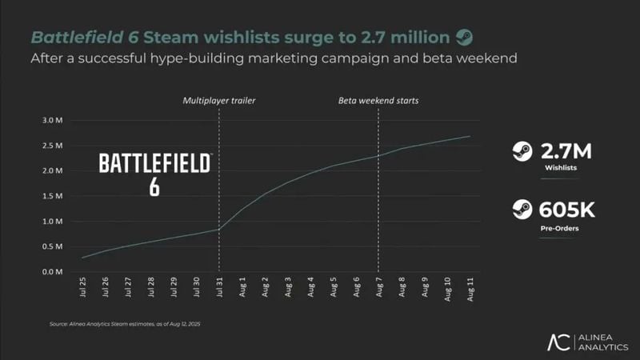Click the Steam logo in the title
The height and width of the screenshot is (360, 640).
464,37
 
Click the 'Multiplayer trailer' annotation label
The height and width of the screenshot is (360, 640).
218,101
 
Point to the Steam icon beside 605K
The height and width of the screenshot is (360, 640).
522,210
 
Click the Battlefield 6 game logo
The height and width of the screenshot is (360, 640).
154,174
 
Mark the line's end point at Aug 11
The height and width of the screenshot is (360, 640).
470,136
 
